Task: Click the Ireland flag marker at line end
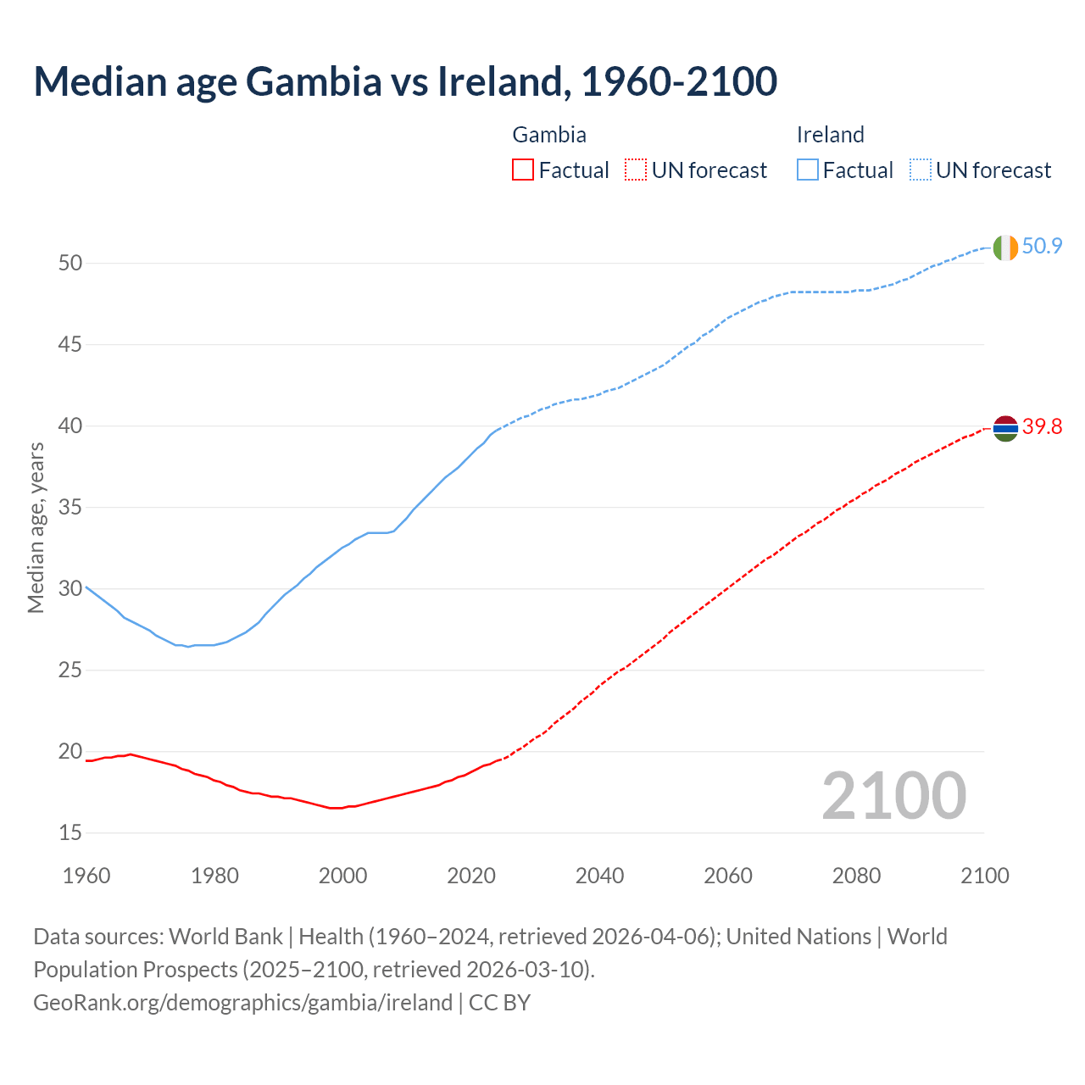point(1005,248)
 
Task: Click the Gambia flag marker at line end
point(1005,428)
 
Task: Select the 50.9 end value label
point(1042,247)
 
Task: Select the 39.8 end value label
point(1042,426)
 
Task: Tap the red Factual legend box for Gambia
point(523,170)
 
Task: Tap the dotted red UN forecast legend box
point(636,170)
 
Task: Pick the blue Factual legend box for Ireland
point(808,170)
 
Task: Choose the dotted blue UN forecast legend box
point(921,170)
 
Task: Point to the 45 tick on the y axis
point(70,345)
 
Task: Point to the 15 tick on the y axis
point(70,833)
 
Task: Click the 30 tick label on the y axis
point(70,589)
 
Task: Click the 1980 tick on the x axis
point(214,876)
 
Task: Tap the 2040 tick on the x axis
point(599,876)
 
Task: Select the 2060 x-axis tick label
point(728,876)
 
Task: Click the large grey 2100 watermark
point(894,795)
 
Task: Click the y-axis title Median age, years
point(36,527)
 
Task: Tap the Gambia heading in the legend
point(549,135)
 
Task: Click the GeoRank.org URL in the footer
point(242,1003)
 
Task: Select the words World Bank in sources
point(225,937)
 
